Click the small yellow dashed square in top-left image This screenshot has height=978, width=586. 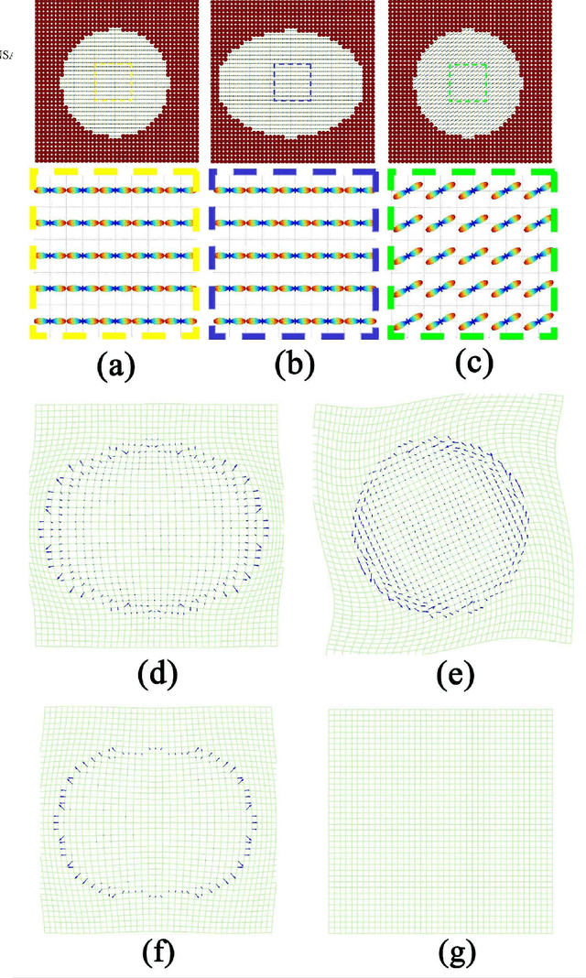115,81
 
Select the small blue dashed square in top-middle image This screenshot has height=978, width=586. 292,81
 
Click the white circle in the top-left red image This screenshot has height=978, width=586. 115,81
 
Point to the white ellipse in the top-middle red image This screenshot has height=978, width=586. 292,81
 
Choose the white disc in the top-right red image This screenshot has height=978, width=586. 469,81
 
